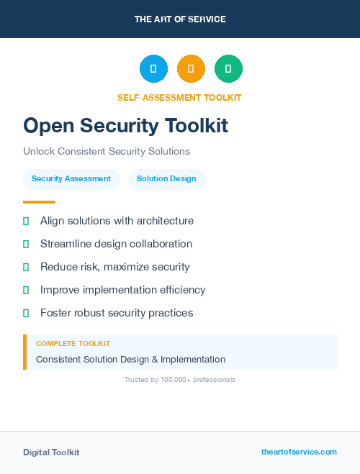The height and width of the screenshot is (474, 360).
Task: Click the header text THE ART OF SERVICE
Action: pyautogui.click(x=180, y=19)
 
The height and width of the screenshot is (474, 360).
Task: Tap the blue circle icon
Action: pyautogui.click(x=153, y=68)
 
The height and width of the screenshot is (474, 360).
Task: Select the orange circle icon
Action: pyautogui.click(x=191, y=68)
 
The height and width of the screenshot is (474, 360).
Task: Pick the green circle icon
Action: pyautogui.click(x=228, y=68)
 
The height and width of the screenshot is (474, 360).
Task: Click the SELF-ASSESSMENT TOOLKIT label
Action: pyautogui.click(x=179, y=98)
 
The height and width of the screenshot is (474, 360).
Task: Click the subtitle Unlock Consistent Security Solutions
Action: pyautogui.click(x=107, y=152)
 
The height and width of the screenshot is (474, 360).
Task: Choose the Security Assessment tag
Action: pyautogui.click(x=71, y=179)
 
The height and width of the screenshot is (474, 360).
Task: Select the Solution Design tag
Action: pyautogui.click(x=166, y=179)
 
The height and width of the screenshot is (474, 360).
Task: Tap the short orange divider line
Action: pyautogui.click(x=39, y=202)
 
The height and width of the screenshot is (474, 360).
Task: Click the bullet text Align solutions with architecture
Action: pyautogui.click(x=117, y=221)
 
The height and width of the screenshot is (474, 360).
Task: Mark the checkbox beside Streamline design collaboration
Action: pyautogui.click(x=26, y=244)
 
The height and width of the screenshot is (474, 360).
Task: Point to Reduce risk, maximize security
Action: pyautogui.click(x=115, y=267)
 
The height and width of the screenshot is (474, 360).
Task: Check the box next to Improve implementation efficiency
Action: pyautogui.click(x=26, y=290)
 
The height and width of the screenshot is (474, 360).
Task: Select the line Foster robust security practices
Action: pyautogui.click(x=117, y=313)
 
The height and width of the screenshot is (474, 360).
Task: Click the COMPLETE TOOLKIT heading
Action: pyautogui.click(x=73, y=344)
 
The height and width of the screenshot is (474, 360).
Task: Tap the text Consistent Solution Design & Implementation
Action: pyautogui.click(x=130, y=360)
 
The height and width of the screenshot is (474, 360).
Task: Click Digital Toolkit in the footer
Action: pyautogui.click(x=51, y=452)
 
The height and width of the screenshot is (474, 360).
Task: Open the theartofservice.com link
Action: pyautogui.click(x=299, y=452)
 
